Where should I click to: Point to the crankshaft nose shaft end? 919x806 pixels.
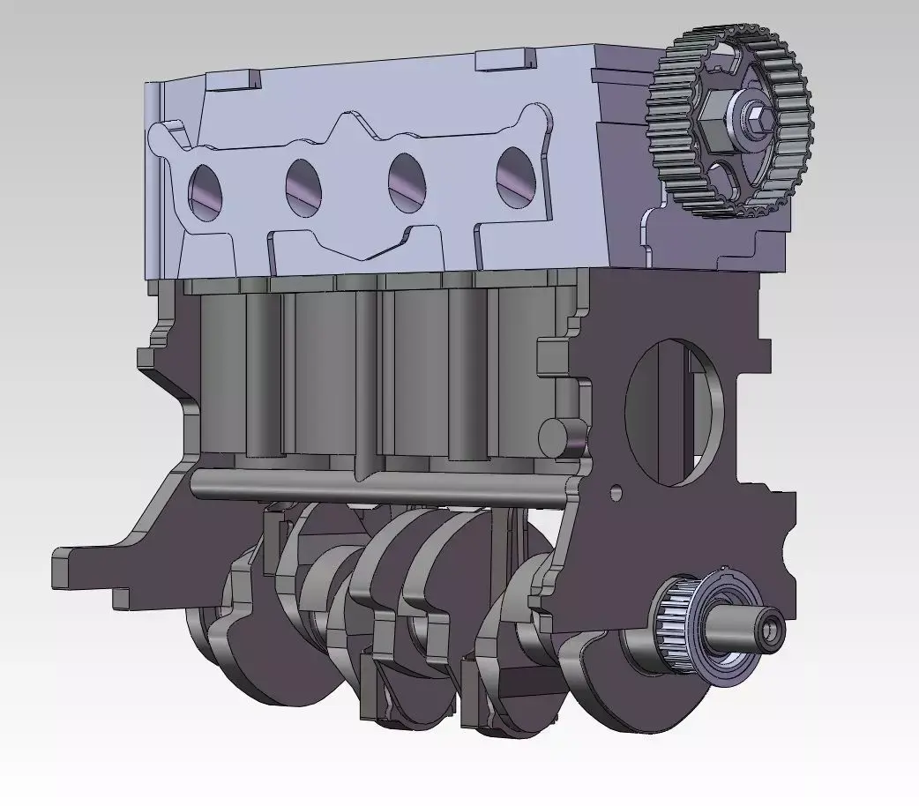[771, 630]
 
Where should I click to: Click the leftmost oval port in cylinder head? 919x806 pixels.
[206, 191]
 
